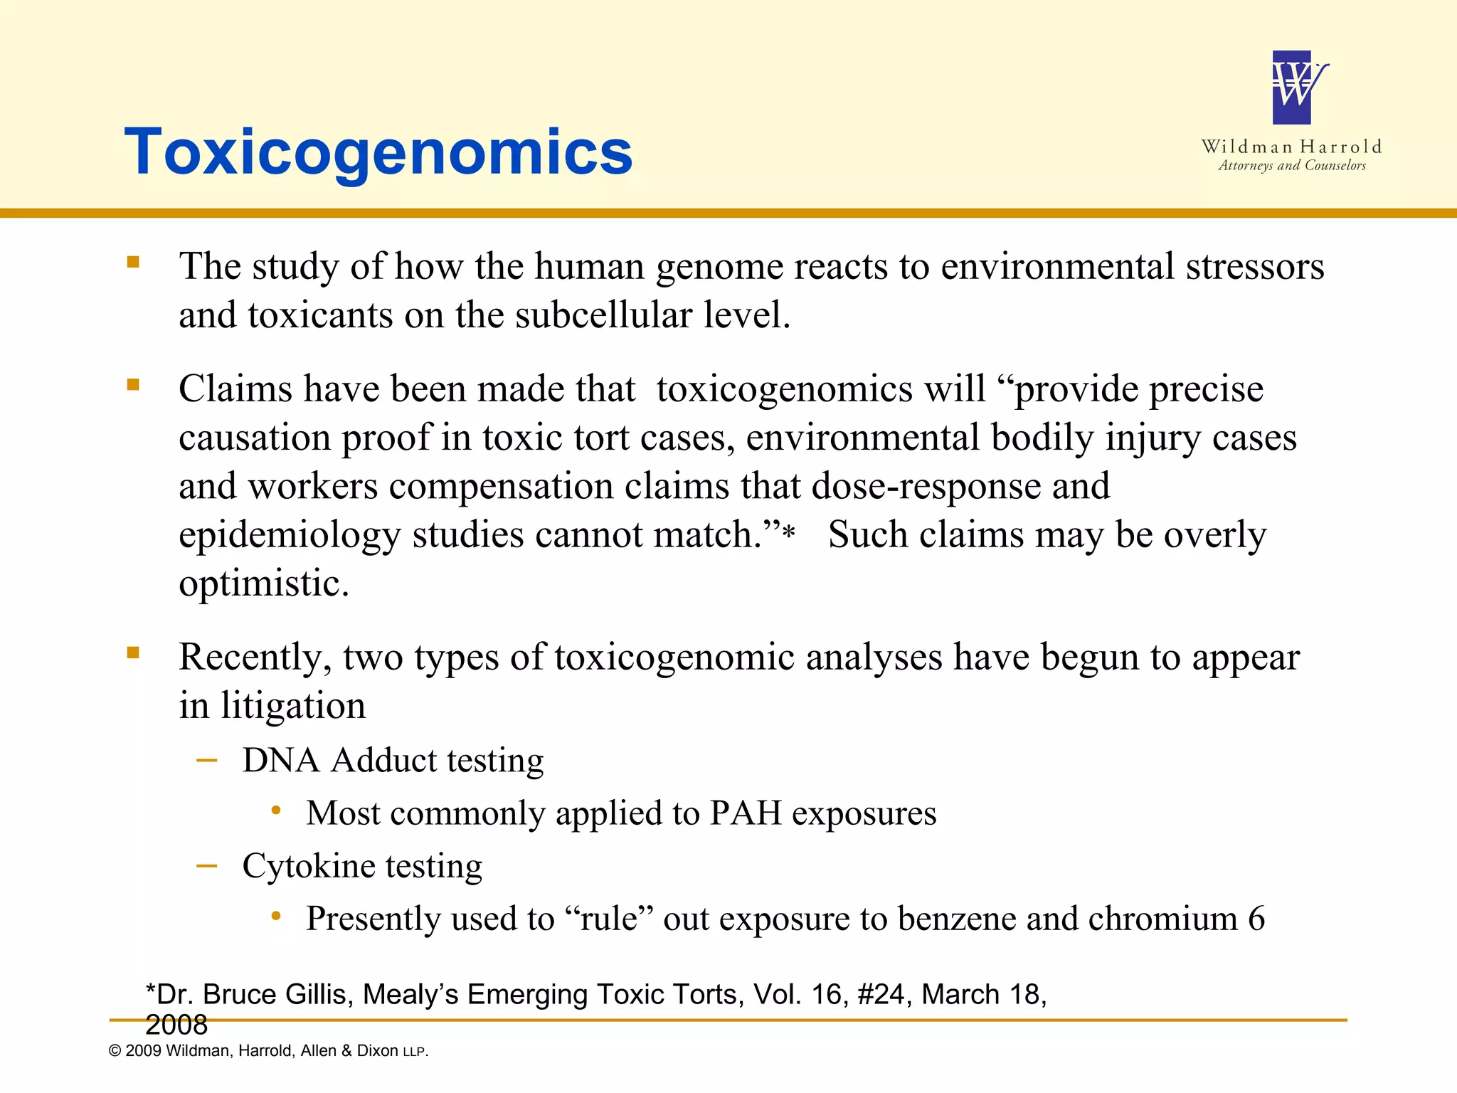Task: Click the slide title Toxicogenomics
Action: click(378, 152)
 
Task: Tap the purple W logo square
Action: click(1292, 88)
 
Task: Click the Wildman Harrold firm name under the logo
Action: click(1292, 147)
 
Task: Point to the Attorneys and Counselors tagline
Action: click(1292, 166)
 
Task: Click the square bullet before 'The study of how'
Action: click(133, 262)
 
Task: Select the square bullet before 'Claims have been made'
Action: click(133, 385)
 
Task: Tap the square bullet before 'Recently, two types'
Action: click(133, 653)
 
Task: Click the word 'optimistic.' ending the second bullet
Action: click(264, 584)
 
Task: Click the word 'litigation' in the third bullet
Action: click(293, 706)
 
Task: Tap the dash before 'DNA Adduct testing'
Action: click(206, 761)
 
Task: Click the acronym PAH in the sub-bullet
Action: click(745, 813)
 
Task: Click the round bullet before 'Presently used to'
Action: click(276, 916)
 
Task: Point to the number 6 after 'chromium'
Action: click(1256, 919)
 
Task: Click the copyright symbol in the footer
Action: click(115, 1051)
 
